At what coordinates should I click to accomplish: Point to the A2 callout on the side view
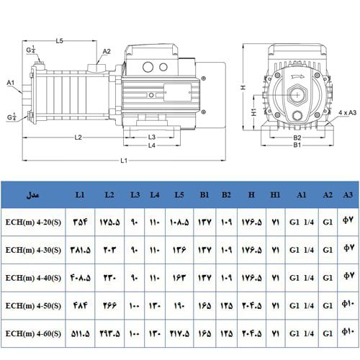coord(107,51)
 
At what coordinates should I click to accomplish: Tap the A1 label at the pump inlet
coord(11,83)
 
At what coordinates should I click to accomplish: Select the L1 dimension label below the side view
coord(124,160)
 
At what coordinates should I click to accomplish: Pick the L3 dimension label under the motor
coord(152,137)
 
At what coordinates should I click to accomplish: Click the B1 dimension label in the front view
coord(296,145)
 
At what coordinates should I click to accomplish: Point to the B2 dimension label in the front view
coord(296,136)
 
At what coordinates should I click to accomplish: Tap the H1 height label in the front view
coord(254,112)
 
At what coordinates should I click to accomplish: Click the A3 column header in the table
coord(348,195)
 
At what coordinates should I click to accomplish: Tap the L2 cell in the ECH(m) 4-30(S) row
coord(109,249)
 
